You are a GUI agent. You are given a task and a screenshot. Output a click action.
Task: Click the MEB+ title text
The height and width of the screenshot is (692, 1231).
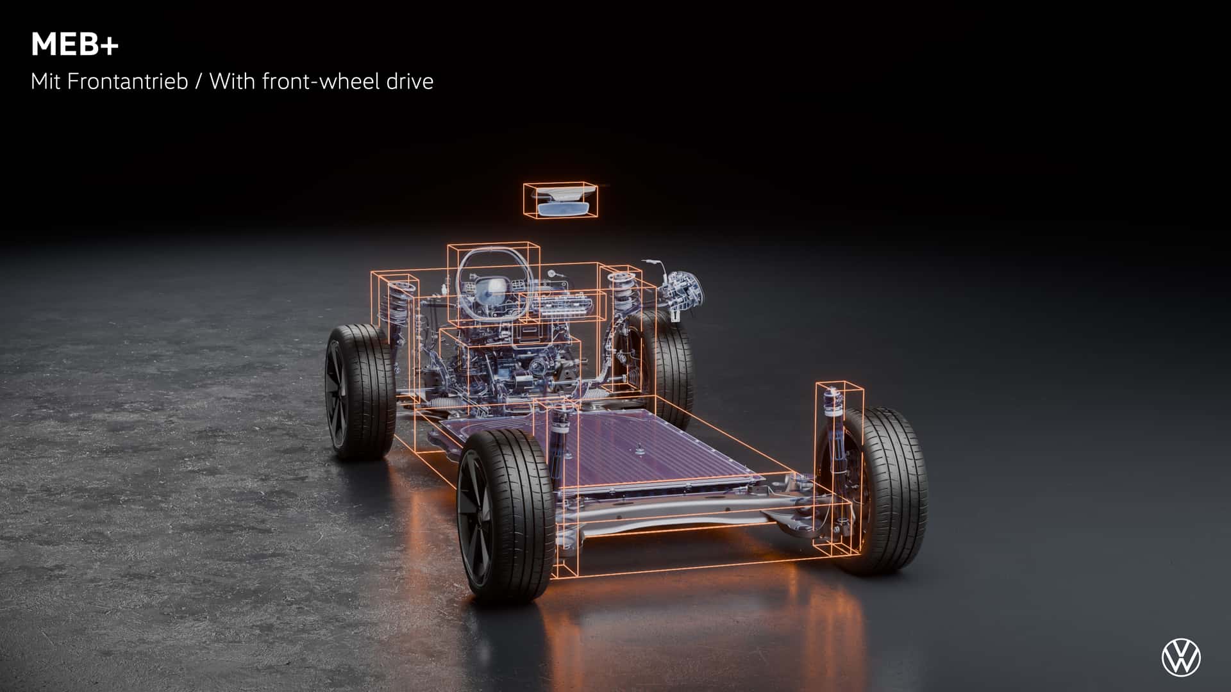click(x=74, y=45)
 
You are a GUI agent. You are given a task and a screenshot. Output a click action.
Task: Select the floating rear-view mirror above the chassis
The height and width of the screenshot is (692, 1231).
click(x=560, y=201)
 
